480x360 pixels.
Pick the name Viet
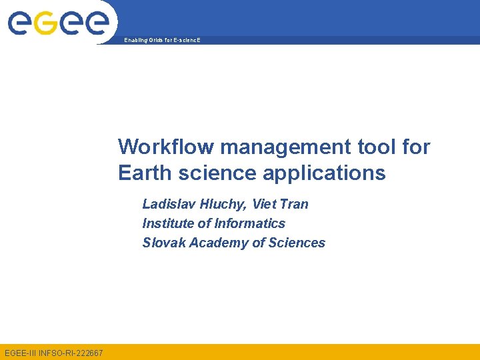(265, 204)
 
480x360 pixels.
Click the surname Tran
(295, 204)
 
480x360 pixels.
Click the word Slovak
(164, 243)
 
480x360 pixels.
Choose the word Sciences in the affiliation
(297, 243)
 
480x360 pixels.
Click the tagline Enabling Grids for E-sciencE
(162, 41)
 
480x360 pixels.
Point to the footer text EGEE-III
(20, 352)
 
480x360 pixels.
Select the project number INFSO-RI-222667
(71, 352)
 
